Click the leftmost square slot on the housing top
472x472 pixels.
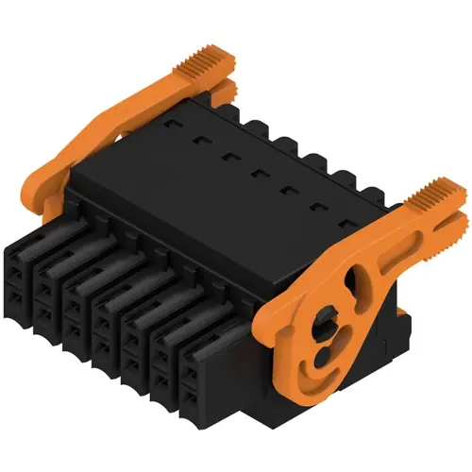point(171,124)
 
